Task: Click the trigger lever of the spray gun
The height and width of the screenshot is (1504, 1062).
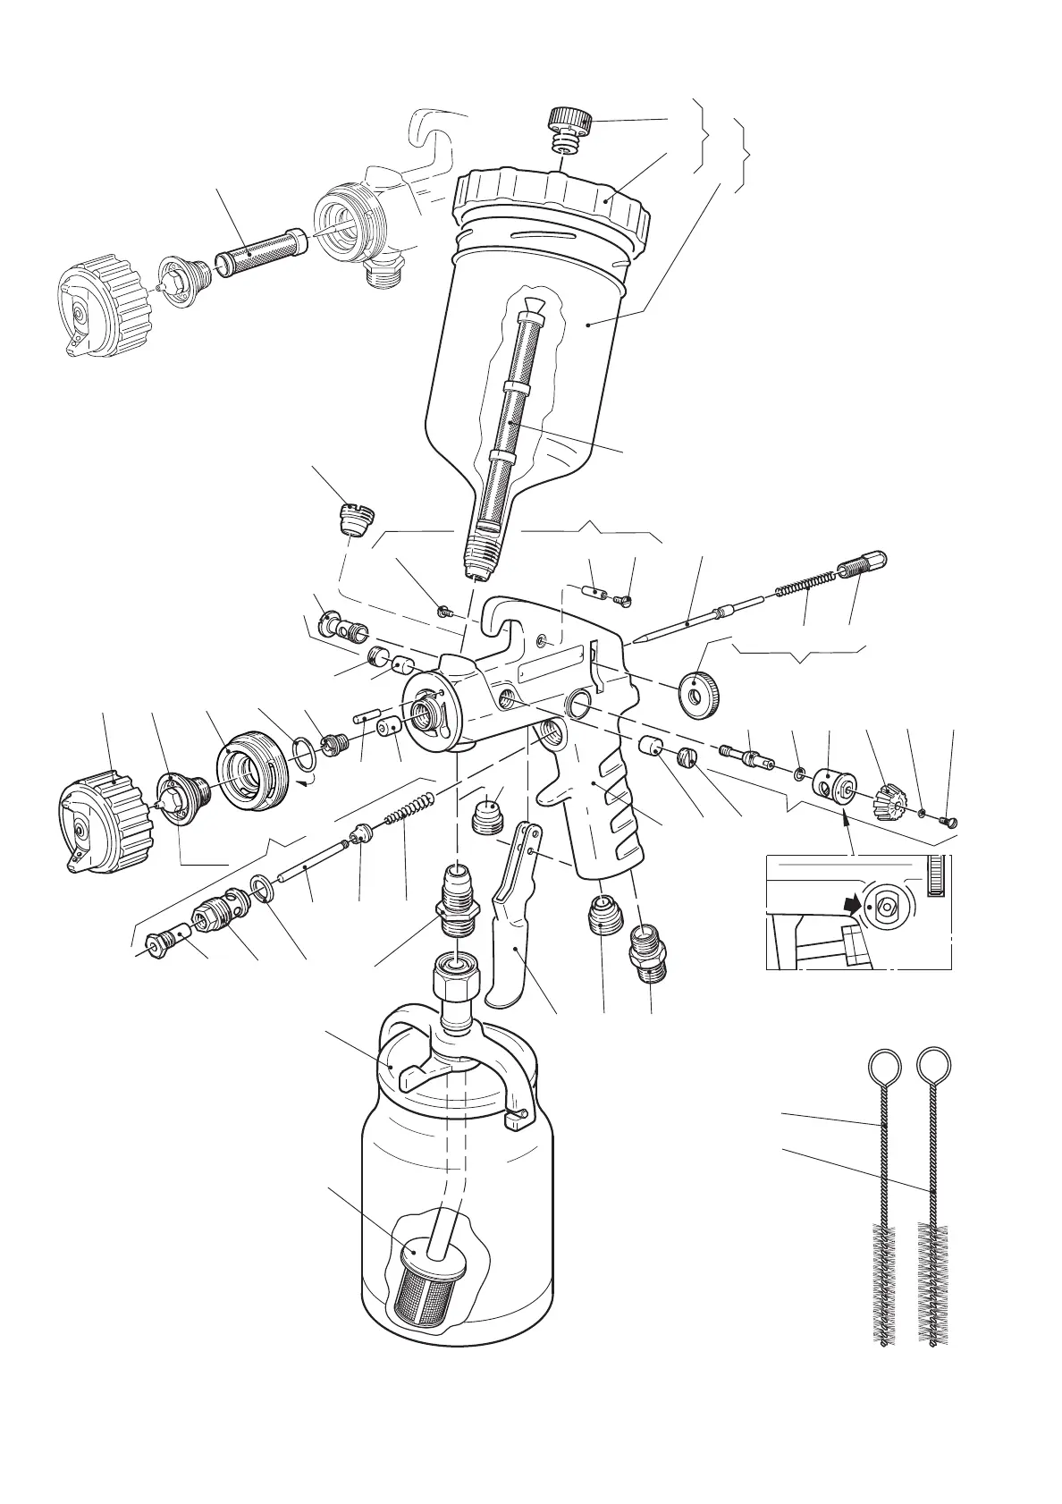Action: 510,939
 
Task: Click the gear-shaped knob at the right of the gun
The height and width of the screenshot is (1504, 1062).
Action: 890,799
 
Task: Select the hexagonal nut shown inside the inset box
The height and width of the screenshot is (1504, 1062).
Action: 885,906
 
